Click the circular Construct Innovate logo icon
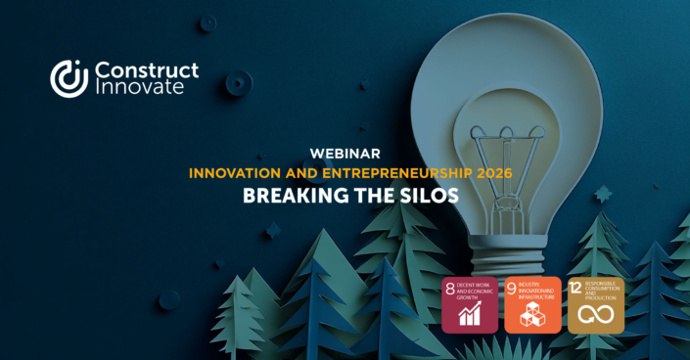pos(69,78)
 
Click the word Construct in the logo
pos(146,69)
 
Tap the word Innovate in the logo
pos(138,88)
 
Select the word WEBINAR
pos(345,154)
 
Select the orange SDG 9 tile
pos(532,304)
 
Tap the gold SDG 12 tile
pos(595,304)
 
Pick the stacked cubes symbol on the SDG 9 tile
pos(532,315)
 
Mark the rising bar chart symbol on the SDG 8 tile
pos(470,315)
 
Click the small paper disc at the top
pos(207,22)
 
